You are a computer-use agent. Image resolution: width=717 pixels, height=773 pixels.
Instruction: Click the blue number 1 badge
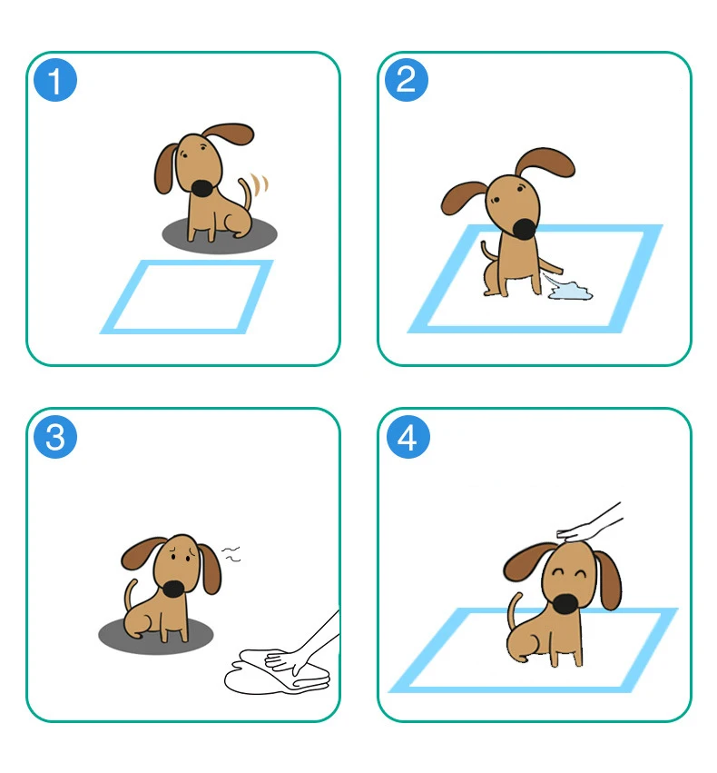coord(55,81)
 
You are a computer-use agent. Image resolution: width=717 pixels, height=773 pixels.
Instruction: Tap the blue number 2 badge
coord(406,81)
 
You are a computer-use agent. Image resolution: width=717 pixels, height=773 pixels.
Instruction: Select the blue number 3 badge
coord(55,437)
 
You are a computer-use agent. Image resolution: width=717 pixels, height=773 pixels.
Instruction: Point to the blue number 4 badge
coord(406,437)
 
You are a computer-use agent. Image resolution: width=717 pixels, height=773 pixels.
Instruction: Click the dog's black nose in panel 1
coord(202,188)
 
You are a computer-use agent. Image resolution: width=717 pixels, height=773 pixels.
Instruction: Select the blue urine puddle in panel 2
coord(569,291)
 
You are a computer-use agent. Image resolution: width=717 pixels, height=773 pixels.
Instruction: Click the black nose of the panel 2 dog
coord(525,227)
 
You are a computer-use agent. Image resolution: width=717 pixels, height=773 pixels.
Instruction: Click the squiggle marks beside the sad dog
coord(232,553)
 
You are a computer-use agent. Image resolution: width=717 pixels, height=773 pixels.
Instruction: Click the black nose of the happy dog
coord(565,604)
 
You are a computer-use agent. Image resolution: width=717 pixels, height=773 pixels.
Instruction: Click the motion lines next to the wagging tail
coord(262,184)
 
